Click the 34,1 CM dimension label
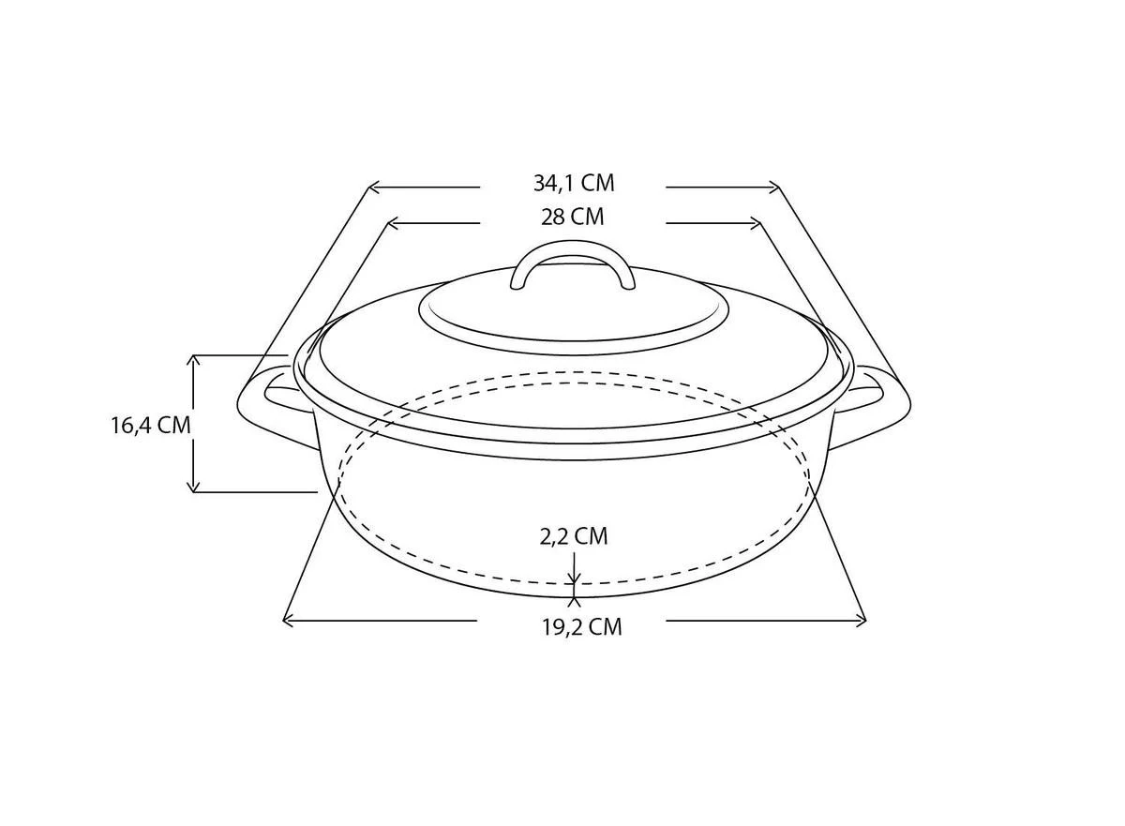[574, 183]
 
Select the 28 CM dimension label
[573, 218]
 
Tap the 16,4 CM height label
[150, 425]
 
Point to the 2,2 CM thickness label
[573, 536]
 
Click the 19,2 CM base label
[581, 627]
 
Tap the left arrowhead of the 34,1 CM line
[372, 188]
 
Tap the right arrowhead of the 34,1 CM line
[774, 188]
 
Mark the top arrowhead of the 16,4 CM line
[193, 360]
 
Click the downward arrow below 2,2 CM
[574, 575]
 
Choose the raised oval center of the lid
[574, 314]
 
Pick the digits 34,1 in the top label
[554, 183]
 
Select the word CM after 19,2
[605, 627]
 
